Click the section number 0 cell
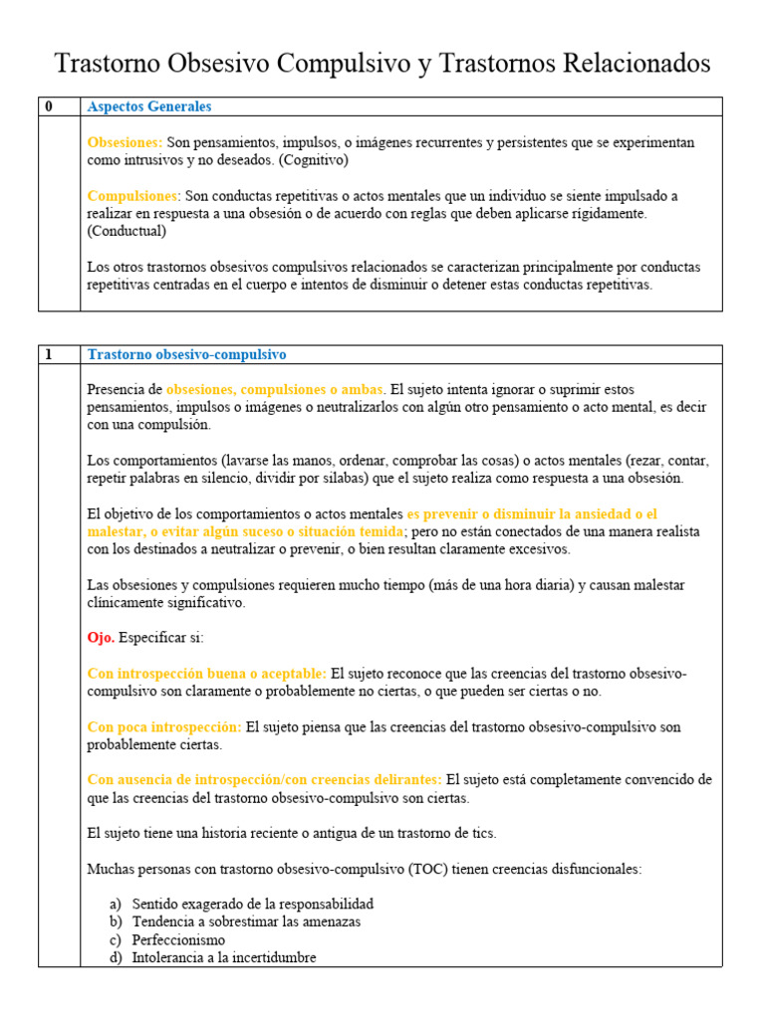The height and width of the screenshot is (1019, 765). click(x=48, y=106)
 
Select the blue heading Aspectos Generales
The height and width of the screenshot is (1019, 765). click(x=149, y=106)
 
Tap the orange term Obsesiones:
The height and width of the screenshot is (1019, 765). click(x=125, y=143)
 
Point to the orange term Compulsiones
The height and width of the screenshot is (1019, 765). click(x=132, y=196)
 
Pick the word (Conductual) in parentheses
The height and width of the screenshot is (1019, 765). click(x=127, y=231)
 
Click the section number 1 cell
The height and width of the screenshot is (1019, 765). click(x=48, y=354)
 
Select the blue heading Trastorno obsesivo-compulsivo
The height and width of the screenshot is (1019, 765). click(x=186, y=354)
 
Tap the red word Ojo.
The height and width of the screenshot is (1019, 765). click(x=101, y=637)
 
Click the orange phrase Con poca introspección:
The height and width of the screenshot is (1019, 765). click(x=164, y=726)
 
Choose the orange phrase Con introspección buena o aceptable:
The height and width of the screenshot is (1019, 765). click(x=207, y=674)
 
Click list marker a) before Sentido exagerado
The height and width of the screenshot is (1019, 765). click(x=116, y=904)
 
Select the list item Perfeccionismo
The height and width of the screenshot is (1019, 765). click(x=178, y=939)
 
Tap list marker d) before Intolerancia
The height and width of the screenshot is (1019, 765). click(x=116, y=957)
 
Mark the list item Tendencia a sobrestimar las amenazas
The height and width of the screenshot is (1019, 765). click(x=246, y=921)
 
